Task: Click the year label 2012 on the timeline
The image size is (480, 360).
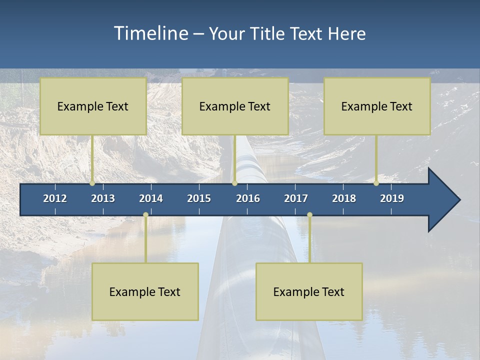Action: pyautogui.click(x=55, y=198)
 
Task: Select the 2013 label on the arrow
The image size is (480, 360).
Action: pyautogui.click(x=103, y=198)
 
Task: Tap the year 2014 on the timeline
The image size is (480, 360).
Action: pyautogui.click(x=151, y=198)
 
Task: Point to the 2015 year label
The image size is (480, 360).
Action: pyautogui.click(x=199, y=198)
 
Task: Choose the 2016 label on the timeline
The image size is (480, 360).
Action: pyautogui.click(x=248, y=198)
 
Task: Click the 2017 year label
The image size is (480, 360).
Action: pyautogui.click(x=296, y=198)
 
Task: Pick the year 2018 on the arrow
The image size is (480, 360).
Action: pyautogui.click(x=344, y=198)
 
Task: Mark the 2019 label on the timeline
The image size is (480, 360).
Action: pyautogui.click(x=392, y=198)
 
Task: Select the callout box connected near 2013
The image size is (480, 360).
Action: pyautogui.click(x=93, y=106)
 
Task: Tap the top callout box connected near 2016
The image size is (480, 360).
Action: pyautogui.click(x=235, y=106)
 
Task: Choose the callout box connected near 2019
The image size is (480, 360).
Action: pyautogui.click(x=377, y=106)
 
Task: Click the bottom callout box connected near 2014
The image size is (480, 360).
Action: pyautogui.click(x=145, y=291)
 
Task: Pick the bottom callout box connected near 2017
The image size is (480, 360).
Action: pyautogui.click(x=309, y=291)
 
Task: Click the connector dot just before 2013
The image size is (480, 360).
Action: pyautogui.click(x=92, y=183)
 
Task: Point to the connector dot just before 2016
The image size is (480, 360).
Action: pyautogui.click(x=234, y=183)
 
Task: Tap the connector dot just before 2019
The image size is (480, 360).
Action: pyautogui.click(x=376, y=183)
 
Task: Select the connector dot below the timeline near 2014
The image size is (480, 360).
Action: pyautogui.click(x=145, y=215)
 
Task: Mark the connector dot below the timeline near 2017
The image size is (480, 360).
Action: pyautogui.click(x=309, y=215)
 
